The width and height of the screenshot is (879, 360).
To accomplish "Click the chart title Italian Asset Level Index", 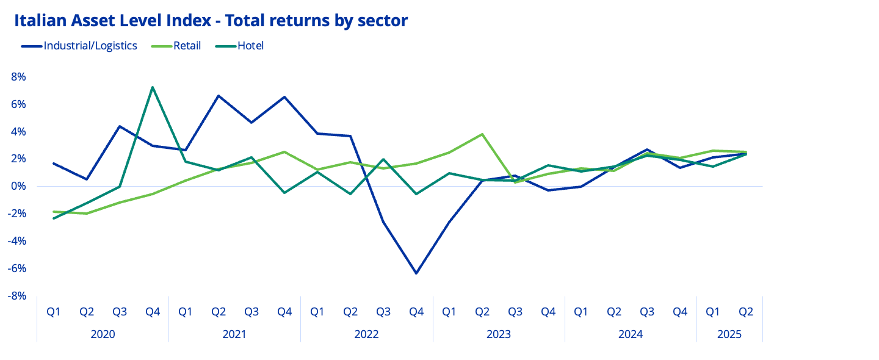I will pyautogui.click(x=211, y=21).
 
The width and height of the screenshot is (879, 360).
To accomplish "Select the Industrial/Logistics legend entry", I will pyautogui.click(x=90, y=46).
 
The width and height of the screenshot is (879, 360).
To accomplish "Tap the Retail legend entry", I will pyautogui.click(x=187, y=46).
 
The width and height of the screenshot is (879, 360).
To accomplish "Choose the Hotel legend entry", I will pyautogui.click(x=250, y=46).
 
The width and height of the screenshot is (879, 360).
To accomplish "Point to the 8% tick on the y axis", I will pyautogui.click(x=18, y=77).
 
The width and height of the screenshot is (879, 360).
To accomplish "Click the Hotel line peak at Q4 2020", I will pyautogui.click(x=152, y=87).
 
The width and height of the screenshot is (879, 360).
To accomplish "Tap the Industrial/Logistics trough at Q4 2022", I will pyautogui.click(x=416, y=273).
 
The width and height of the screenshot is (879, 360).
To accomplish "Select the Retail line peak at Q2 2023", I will pyautogui.click(x=482, y=134).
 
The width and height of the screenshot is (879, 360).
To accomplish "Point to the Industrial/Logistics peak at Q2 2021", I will pyautogui.click(x=218, y=96).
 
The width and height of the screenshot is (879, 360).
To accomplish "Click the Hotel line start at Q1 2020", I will pyautogui.click(x=54, y=218).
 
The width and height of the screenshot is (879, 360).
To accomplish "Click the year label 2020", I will pyautogui.click(x=103, y=334).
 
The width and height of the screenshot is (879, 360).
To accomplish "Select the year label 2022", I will pyautogui.click(x=366, y=334).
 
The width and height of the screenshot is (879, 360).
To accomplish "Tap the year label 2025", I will pyautogui.click(x=729, y=334).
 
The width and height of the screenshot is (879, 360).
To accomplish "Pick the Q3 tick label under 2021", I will pyautogui.click(x=251, y=312).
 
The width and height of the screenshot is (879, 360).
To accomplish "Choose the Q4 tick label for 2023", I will pyautogui.click(x=548, y=312).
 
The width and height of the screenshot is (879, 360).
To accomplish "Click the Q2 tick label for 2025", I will pyautogui.click(x=746, y=312).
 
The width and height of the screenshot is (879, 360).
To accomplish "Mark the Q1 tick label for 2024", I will pyautogui.click(x=581, y=312).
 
